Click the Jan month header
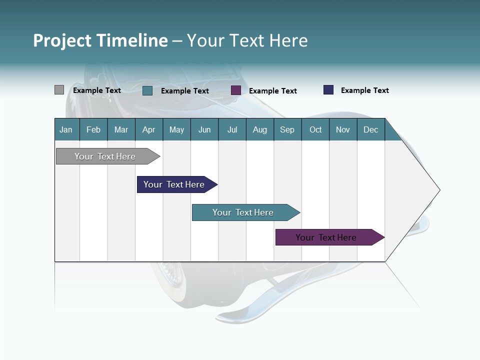[x=66, y=129]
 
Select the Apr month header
[x=149, y=129]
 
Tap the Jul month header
[x=232, y=129]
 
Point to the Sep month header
[x=287, y=129]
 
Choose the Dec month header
[x=370, y=129]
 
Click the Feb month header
[x=93, y=129]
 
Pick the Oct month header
[x=315, y=129]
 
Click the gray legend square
[x=59, y=90]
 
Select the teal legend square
[x=147, y=90]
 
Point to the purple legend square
[x=236, y=90]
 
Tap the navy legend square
[x=328, y=90]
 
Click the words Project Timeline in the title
[x=100, y=40]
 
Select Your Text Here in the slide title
[x=247, y=40]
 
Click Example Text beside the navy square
[x=364, y=90]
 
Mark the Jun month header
[x=204, y=129]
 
